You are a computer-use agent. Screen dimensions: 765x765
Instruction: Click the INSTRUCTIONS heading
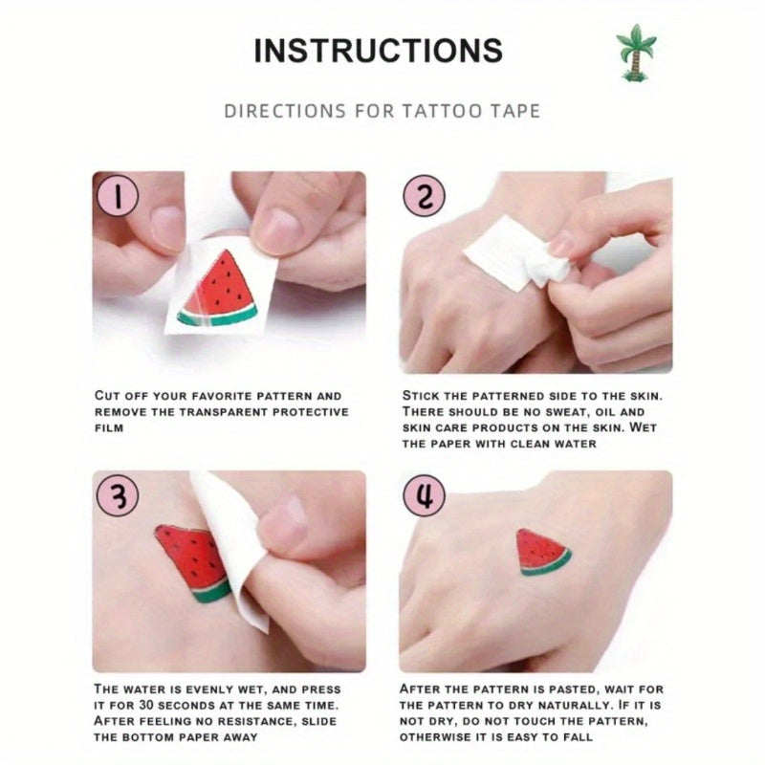[378, 51]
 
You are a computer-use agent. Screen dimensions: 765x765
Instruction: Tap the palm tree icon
[636, 53]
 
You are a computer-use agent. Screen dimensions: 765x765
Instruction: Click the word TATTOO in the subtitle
[443, 111]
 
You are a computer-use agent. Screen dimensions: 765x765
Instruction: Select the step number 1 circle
[118, 196]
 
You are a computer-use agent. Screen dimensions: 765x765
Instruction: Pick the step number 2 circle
[424, 196]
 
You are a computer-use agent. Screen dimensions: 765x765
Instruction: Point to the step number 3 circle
[118, 495]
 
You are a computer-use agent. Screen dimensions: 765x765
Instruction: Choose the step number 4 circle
[424, 495]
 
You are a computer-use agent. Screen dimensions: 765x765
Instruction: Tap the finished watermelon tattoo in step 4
[543, 553]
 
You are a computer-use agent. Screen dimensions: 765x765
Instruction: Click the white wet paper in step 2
[517, 252]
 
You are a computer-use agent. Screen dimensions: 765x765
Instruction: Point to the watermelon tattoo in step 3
[194, 562]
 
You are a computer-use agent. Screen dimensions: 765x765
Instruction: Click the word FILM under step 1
[109, 427]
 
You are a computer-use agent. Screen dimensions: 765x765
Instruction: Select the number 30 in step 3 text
[146, 705]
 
